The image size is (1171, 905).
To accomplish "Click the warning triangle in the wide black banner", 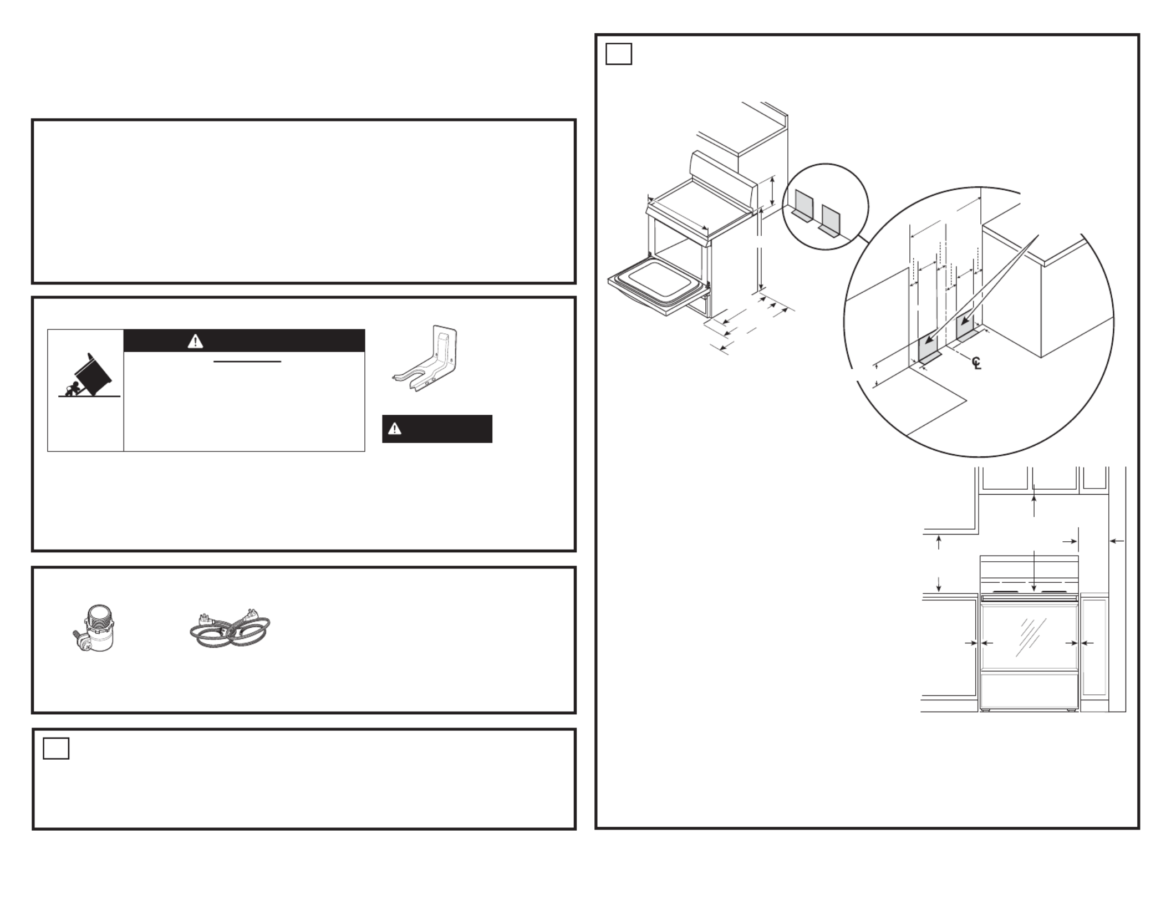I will coord(195,342).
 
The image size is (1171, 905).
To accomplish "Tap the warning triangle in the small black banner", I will coord(395,429).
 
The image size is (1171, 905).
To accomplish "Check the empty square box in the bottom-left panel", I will coord(56,749).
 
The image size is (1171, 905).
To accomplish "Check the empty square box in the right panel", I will coord(619,54).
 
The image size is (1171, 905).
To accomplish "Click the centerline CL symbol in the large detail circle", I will coord(976,363).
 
